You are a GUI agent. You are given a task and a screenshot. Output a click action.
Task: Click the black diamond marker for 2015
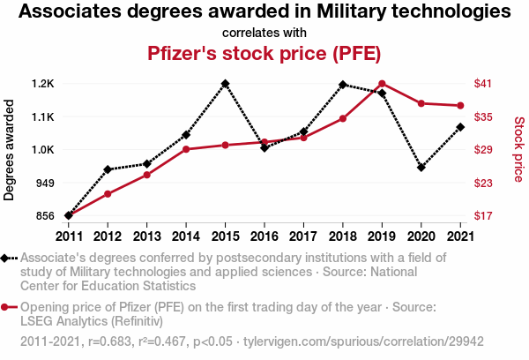(225, 84)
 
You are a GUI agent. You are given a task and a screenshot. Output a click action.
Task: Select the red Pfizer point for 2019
(382, 84)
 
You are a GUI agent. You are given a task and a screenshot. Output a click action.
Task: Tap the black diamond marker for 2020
(421, 167)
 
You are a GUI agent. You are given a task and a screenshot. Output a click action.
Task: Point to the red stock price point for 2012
(108, 194)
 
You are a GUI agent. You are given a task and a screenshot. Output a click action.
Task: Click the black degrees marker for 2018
(342, 85)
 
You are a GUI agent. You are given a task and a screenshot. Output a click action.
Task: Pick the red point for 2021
(459, 106)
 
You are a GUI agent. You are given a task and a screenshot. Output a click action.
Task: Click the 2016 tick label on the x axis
(264, 236)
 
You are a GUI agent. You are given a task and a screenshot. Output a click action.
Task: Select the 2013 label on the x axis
(146, 236)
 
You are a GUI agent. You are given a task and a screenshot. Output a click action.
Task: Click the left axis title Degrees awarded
(10, 150)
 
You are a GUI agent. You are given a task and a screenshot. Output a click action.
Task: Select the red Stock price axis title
(518, 150)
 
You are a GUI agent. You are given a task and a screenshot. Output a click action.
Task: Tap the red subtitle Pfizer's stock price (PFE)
(264, 53)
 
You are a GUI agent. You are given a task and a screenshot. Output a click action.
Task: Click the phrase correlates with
(264, 32)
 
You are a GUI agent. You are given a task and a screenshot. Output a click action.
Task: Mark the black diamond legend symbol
(7, 258)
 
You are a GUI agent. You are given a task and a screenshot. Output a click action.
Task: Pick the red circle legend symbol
(7, 307)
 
